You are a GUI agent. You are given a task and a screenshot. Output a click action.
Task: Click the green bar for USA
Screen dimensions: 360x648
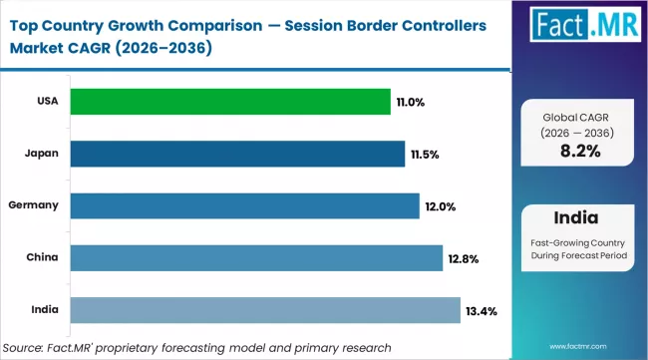click(x=230, y=102)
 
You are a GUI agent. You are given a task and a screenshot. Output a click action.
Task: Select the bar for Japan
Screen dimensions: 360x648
click(x=237, y=154)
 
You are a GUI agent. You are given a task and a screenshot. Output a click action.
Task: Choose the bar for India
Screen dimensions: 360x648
click(x=265, y=310)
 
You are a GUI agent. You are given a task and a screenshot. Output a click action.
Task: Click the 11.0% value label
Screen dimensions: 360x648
click(x=411, y=102)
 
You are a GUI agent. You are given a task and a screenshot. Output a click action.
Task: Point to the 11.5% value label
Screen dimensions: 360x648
click(x=424, y=155)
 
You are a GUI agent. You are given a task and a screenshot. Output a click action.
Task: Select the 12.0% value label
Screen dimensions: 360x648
click(x=439, y=206)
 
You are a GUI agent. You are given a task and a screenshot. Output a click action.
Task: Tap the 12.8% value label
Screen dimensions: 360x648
click(x=463, y=259)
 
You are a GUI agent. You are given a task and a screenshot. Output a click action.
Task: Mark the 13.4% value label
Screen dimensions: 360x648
click(x=481, y=311)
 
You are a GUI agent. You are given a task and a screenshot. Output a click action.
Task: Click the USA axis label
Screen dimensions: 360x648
click(x=46, y=101)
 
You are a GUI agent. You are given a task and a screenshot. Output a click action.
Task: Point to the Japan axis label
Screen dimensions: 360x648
click(x=42, y=153)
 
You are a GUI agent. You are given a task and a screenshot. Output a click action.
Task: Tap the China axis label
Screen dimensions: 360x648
click(x=43, y=257)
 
